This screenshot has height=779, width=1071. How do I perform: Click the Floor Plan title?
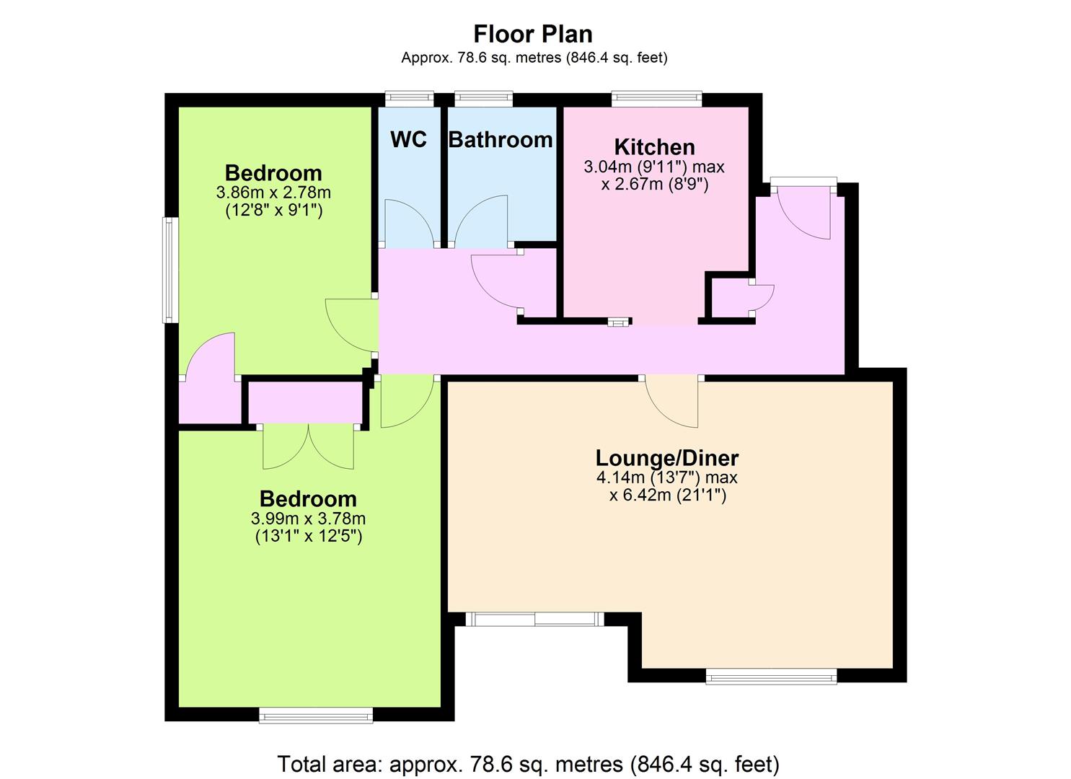(533, 34)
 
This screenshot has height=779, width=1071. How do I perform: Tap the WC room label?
(408, 139)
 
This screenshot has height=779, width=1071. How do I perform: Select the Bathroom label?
(501, 140)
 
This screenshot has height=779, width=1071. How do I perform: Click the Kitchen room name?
(654, 147)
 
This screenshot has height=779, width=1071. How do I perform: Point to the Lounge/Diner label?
(667, 457)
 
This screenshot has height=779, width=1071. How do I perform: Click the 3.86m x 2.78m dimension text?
(273, 193)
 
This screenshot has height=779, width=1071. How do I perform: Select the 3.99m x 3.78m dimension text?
(309, 519)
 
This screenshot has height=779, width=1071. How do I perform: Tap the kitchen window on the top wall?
(656, 99)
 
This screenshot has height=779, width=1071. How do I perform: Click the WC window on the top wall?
(410, 99)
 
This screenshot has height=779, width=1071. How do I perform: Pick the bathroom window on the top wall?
(483, 99)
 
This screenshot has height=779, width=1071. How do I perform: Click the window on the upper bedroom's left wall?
(170, 270)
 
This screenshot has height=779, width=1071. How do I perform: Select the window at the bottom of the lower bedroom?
(316, 716)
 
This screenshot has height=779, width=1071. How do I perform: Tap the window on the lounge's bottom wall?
(771, 677)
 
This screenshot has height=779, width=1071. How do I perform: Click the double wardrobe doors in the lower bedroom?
(309, 447)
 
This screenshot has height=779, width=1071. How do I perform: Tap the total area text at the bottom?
(529, 764)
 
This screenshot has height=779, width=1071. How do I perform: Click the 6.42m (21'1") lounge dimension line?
(668, 496)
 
